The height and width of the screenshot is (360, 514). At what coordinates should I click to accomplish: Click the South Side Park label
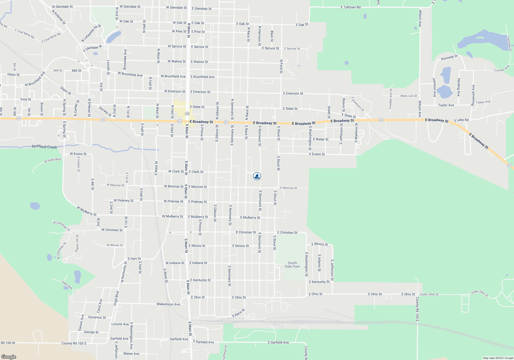[x=292, y=265]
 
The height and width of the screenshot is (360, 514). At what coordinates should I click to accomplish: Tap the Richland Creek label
[x=44, y=147]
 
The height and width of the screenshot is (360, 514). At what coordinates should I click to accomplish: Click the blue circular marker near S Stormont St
[x=257, y=176]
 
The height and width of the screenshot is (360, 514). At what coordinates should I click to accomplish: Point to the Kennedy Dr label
[x=449, y=57]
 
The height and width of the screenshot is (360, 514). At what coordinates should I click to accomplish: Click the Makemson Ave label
[x=168, y=304]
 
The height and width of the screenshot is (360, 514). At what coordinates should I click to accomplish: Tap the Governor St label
[x=97, y=317]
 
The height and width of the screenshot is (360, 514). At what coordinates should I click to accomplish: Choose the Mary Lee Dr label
[x=409, y=96]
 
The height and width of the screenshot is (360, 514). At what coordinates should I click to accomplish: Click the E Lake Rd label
[x=461, y=120]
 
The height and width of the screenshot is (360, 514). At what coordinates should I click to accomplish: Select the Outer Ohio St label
[x=429, y=294]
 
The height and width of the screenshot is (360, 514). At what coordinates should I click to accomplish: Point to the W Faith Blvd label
[x=53, y=160]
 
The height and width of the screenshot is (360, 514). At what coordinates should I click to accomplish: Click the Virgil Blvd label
[x=116, y=298]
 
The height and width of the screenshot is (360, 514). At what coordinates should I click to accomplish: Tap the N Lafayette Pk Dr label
[x=91, y=33]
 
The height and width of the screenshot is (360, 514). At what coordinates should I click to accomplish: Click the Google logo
[x=9, y=357]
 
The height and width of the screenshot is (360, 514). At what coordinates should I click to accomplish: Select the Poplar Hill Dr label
[x=77, y=243]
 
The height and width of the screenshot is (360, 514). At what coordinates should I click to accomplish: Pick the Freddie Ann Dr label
[x=391, y=98]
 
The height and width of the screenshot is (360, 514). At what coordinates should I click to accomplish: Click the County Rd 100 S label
[x=74, y=343]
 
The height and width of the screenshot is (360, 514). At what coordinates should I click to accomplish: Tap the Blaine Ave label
[x=131, y=354]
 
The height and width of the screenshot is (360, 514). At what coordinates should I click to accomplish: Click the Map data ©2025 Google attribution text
[x=498, y=358]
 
